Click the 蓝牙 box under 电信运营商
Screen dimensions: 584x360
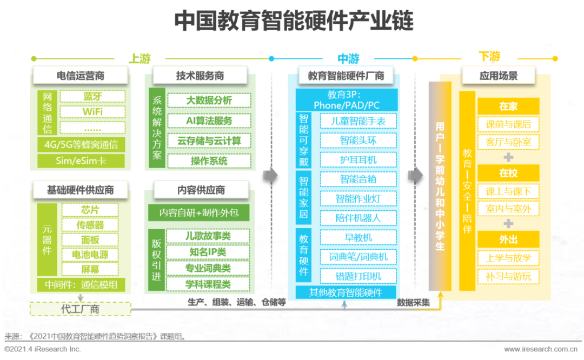(x=92, y=96)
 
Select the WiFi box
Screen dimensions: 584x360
(x=92, y=112)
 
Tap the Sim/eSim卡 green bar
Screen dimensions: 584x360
(x=81, y=161)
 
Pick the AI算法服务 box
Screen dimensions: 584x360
(x=209, y=121)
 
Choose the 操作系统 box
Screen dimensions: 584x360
(x=209, y=161)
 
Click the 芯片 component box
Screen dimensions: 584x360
(x=90, y=210)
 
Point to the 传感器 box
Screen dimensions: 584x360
(x=90, y=224)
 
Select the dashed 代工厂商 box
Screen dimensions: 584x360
(x=81, y=309)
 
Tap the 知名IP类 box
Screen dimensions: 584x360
(x=208, y=252)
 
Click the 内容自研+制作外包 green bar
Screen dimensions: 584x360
(x=199, y=212)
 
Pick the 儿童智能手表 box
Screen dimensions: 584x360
(x=359, y=121)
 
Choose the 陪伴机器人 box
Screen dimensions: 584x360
(x=359, y=218)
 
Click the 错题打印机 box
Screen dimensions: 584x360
(x=359, y=276)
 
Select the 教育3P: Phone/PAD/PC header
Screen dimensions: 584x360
(x=347, y=100)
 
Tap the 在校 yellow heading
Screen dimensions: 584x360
(x=508, y=173)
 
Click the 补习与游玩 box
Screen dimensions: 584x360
(x=508, y=276)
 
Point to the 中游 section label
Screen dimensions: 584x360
(x=348, y=58)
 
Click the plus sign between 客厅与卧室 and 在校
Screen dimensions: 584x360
(x=508, y=157)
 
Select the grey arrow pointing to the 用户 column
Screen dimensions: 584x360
(x=416, y=175)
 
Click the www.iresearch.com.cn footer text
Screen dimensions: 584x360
(x=541, y=349)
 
